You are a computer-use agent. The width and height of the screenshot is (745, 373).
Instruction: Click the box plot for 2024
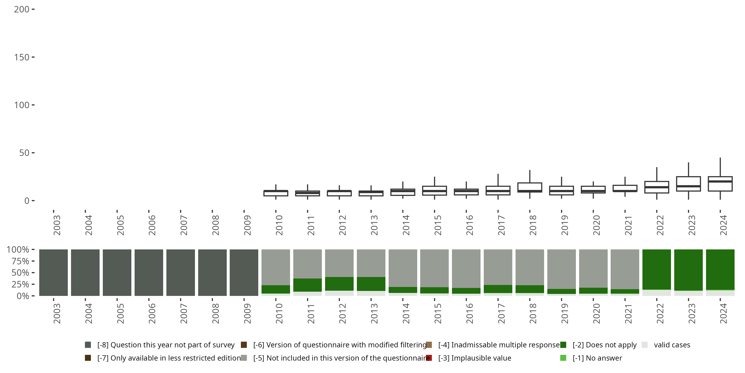(720, 184)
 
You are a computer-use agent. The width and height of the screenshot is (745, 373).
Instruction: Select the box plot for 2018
(529, 187)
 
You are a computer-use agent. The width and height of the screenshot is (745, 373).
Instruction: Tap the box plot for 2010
(276, 193)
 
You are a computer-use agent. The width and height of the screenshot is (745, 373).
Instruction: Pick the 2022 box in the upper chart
(657, 187)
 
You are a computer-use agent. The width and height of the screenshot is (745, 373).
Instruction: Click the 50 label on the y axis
(24, 153)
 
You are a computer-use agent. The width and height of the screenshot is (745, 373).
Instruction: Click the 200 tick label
(22, 9)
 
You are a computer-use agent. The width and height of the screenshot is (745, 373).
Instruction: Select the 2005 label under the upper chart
(120, 225)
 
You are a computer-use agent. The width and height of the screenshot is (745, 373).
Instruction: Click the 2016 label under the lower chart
(469, 313)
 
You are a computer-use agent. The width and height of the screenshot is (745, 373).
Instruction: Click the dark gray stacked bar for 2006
(149, 273)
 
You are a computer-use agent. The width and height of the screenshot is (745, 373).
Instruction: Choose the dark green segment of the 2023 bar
(688, 270)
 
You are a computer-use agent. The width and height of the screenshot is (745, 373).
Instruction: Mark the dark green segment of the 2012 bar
(339, 284)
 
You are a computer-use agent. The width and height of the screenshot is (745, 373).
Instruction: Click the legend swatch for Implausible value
(429, 358)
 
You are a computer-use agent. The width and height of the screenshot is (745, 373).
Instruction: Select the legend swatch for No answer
(563, 358)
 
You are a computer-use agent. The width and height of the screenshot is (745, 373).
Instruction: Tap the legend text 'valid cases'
(672, 345)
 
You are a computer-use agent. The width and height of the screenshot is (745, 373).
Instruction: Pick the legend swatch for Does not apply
(563, 345)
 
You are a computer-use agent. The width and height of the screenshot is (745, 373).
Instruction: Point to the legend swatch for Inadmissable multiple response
(429, 345)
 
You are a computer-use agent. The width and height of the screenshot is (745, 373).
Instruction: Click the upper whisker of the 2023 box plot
(688, 169)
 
